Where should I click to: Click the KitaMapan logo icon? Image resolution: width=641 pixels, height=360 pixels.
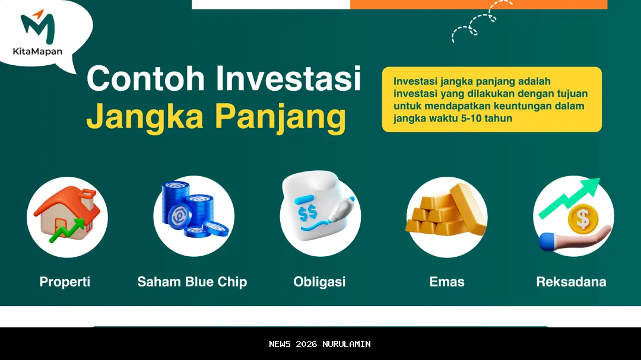click(x=37, y=26)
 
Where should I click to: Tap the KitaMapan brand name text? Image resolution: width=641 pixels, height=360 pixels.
click(x=37, y=52)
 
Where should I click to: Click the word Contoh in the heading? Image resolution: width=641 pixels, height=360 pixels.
click(x=147, y=79)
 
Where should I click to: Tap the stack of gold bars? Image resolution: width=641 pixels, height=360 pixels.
click(x=446, y=212)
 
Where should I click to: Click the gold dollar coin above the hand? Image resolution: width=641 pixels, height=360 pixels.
click(x=582, y=219)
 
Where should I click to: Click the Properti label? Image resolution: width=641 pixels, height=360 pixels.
click(x=65, y=282)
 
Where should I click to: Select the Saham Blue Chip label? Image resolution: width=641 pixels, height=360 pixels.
click(x=192, y=282)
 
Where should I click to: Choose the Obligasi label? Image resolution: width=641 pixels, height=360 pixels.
click(x=319, y=282)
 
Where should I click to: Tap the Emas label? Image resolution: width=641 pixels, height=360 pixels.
click(x=446, y=282)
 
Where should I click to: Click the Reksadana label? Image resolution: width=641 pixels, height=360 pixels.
click(x=571, y=282)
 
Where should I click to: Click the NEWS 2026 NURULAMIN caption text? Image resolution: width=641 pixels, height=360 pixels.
click(x=320, y=344)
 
